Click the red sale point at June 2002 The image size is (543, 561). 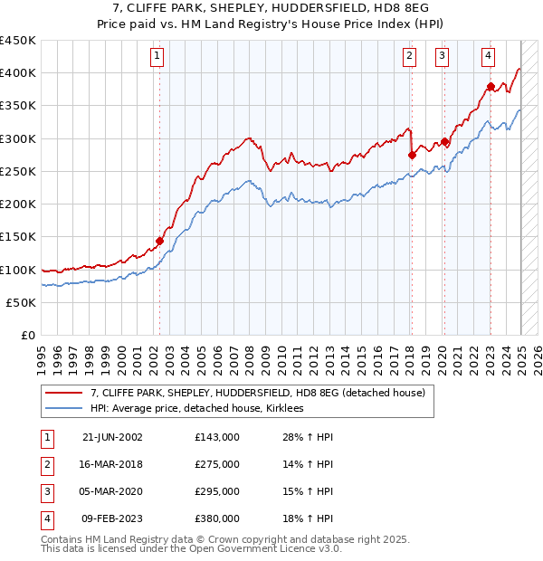point(160,241)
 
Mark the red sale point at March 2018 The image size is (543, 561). point(412,155)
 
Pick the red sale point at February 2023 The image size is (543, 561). point(491,87)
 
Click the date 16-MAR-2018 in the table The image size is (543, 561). point(112,464)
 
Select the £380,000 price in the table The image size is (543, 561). point(217,518)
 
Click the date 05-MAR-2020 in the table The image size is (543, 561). point(112,491)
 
